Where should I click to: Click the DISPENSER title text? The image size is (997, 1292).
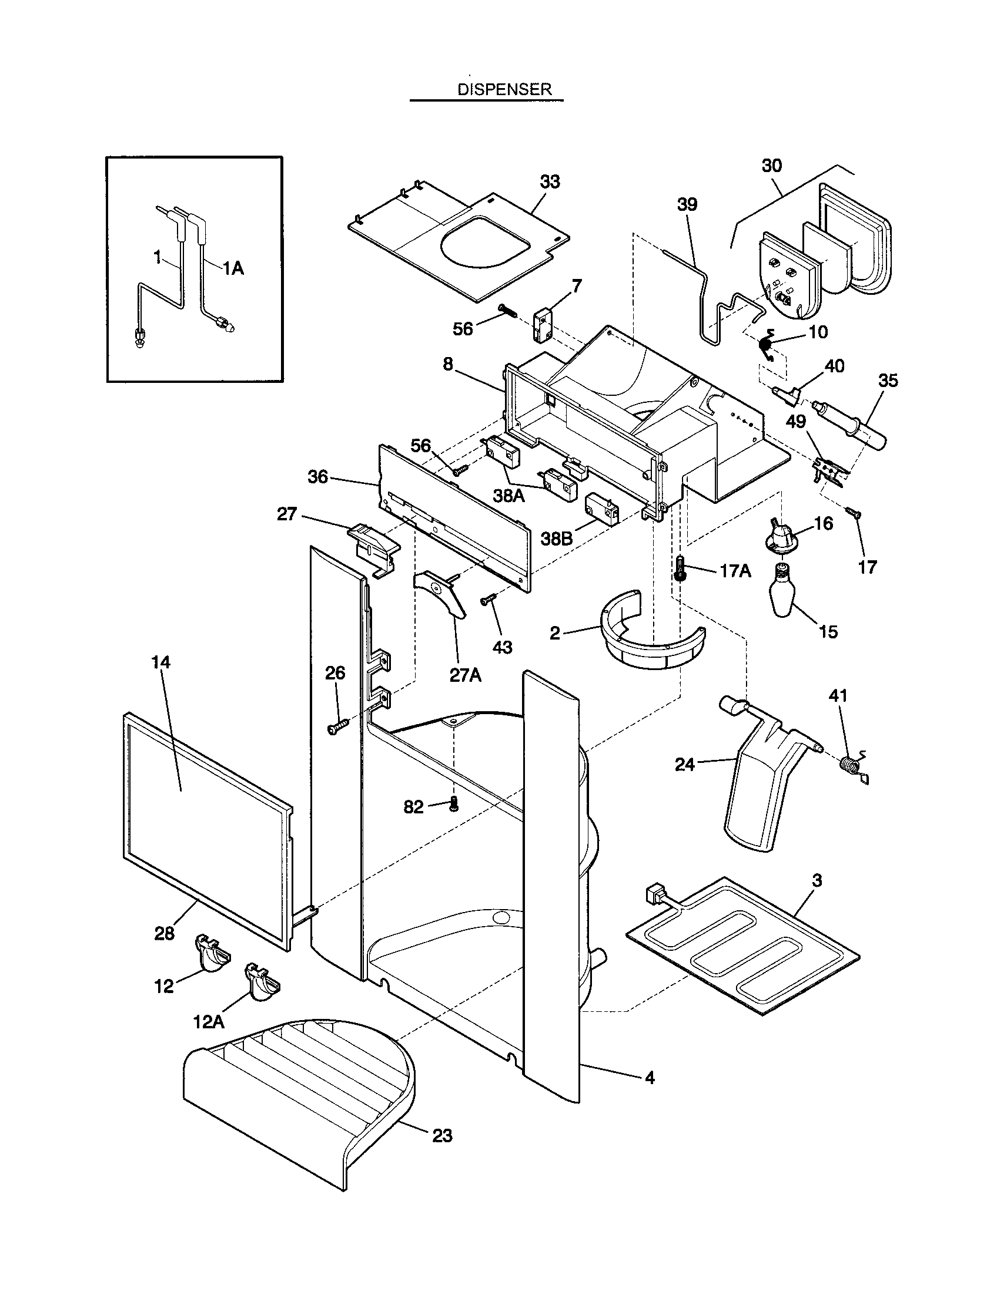[504, 89]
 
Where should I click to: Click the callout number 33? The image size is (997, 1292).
[550, 182]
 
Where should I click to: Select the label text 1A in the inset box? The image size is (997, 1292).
[233, 268]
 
